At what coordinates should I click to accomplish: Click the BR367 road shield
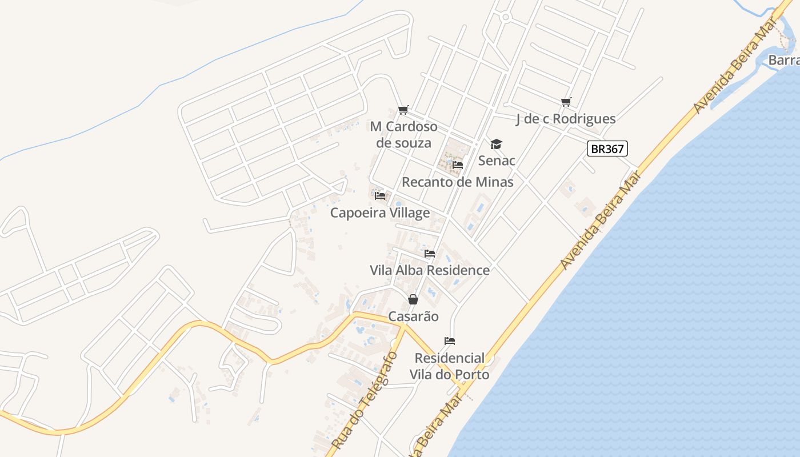click(607, 149)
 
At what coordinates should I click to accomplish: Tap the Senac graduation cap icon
click(496, 144)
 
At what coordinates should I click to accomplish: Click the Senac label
click(497, 161)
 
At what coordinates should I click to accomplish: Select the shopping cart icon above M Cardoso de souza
click(403, 110)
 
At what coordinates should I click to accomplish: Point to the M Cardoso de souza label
click(403, 134)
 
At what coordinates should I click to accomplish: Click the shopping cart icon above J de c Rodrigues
click(566, 102)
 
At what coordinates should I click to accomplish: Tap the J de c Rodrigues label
click(566, 119)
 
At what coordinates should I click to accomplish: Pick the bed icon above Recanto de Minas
click(457, 165)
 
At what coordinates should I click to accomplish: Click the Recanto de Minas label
click(457, 182)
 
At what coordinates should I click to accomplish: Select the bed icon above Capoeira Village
click(380, 196)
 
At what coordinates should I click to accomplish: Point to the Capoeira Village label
click(380, 213)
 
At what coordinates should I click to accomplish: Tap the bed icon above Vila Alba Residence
click(430, 253)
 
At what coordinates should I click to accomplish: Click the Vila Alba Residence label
click(430, 270)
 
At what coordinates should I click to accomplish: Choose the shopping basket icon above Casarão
click(413, 299)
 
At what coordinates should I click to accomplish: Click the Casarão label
click(414, 316)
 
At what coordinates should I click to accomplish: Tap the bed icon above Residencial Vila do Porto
click(450, 341)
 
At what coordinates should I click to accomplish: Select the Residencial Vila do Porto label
click(450, 366)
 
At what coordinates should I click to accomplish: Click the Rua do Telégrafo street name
click(363, 400)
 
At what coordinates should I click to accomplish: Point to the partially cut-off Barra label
click(783, 60)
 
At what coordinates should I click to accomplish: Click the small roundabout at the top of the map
click(505, 17)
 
